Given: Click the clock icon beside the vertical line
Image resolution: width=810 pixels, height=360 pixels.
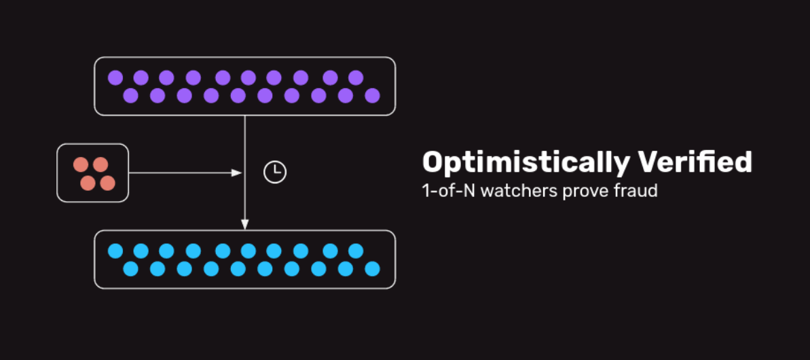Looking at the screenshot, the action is tap(275, 172).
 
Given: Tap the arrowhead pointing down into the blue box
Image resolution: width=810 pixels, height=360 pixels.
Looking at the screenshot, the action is tap(245, 224).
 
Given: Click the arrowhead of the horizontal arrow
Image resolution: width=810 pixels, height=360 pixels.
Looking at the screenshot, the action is tap(236, 173).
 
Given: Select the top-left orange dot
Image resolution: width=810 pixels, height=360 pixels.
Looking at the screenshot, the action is tap(81, 165).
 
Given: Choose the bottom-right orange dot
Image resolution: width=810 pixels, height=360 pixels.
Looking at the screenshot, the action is tap(107, 183).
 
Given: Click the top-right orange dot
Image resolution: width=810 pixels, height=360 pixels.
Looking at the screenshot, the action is tap(100, 165).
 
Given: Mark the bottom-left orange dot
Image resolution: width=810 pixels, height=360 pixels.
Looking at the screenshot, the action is tap(88, 183).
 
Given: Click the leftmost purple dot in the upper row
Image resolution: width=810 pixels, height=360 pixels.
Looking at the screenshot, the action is tap(115, 78).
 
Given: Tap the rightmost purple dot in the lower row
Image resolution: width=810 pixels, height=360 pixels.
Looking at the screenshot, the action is tap(372, 96).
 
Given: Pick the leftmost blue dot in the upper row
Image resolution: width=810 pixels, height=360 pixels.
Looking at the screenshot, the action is tap(115, 251).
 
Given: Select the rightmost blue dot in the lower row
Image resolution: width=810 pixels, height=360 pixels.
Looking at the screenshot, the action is tap(372, 268).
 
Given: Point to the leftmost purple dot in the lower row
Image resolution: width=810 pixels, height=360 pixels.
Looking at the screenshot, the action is tap(130, 96).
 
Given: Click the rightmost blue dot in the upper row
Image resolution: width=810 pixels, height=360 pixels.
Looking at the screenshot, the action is tap(355, 251).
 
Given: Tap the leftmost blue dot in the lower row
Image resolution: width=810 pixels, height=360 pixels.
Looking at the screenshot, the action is tap(130, 268).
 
